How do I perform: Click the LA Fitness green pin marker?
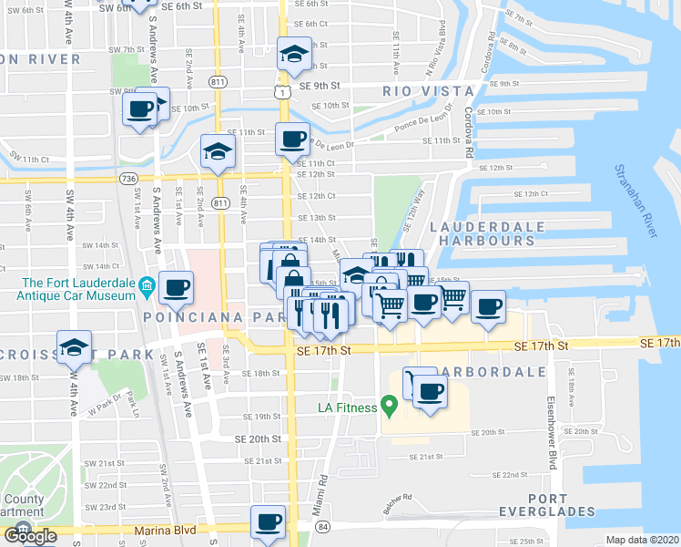[390, 403]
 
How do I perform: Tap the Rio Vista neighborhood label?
[429, 91]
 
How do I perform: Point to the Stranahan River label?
[635, 201]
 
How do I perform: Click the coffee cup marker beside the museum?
[176, 288]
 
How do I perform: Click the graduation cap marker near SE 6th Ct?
[294, 54]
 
